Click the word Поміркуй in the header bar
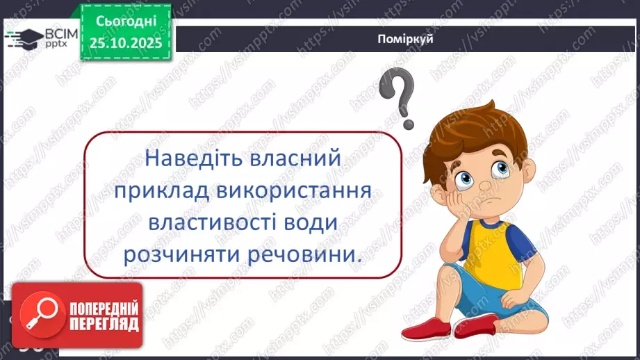(407, 39)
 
